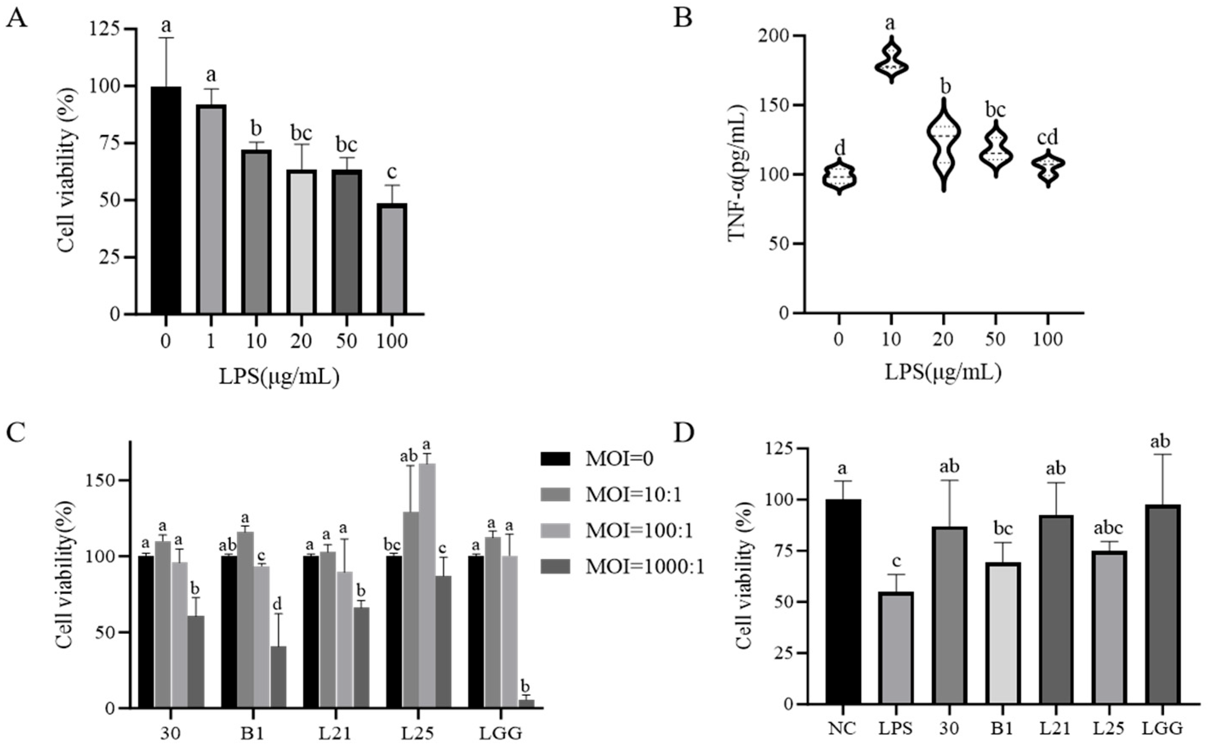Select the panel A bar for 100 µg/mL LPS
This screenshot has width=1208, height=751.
pyautogui.click(x=392, y=258)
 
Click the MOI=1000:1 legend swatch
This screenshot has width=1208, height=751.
pyautogui.click(x=555, y=566)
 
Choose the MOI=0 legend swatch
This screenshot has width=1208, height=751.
pyautogui.click(x=555, y=458)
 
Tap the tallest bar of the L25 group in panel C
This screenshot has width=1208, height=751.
pyautogui.click(x=427, y=586)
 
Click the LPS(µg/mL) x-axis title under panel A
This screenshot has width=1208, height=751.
pyautogui.click(x=279, y=377)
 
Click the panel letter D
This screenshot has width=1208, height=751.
pyautogui.click(x=683, y=433)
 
